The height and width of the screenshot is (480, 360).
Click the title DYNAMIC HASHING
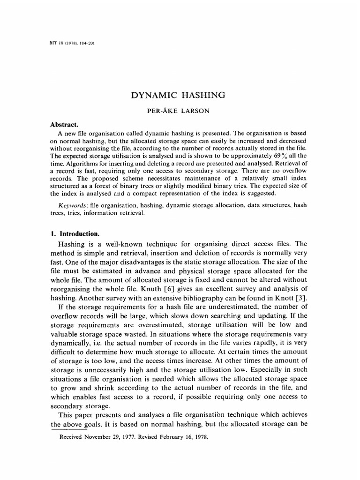(180, 96)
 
